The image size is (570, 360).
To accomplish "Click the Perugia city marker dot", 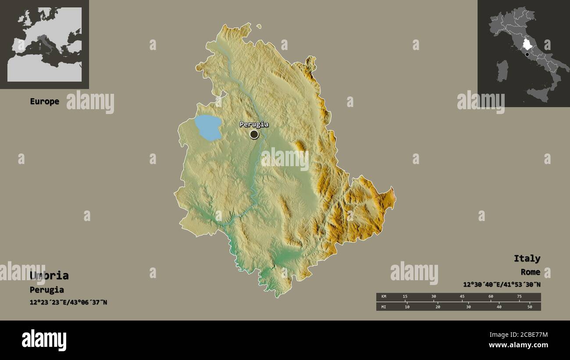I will (254, 134).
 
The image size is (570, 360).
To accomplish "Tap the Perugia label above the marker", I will (254, 124).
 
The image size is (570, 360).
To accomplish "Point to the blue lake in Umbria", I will (208, 127).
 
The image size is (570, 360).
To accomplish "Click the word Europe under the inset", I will (44, 101).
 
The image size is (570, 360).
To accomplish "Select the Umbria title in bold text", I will (49, 275).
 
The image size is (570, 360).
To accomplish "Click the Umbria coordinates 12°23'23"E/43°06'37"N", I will (68, 302).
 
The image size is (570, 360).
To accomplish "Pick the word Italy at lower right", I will (527, 258).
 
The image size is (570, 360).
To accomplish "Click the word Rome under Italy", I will (530, 272).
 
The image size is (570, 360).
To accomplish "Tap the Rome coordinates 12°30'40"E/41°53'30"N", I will (502, 284).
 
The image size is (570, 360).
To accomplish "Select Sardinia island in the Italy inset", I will (502, 71).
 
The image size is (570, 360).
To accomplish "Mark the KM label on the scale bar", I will (383, 297).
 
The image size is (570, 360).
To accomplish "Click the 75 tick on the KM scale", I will (519, 297).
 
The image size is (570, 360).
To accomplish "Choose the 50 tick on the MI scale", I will (530, 307).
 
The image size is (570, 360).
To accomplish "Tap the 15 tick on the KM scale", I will (405, 297).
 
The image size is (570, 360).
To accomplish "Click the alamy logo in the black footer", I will (44, 340).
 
